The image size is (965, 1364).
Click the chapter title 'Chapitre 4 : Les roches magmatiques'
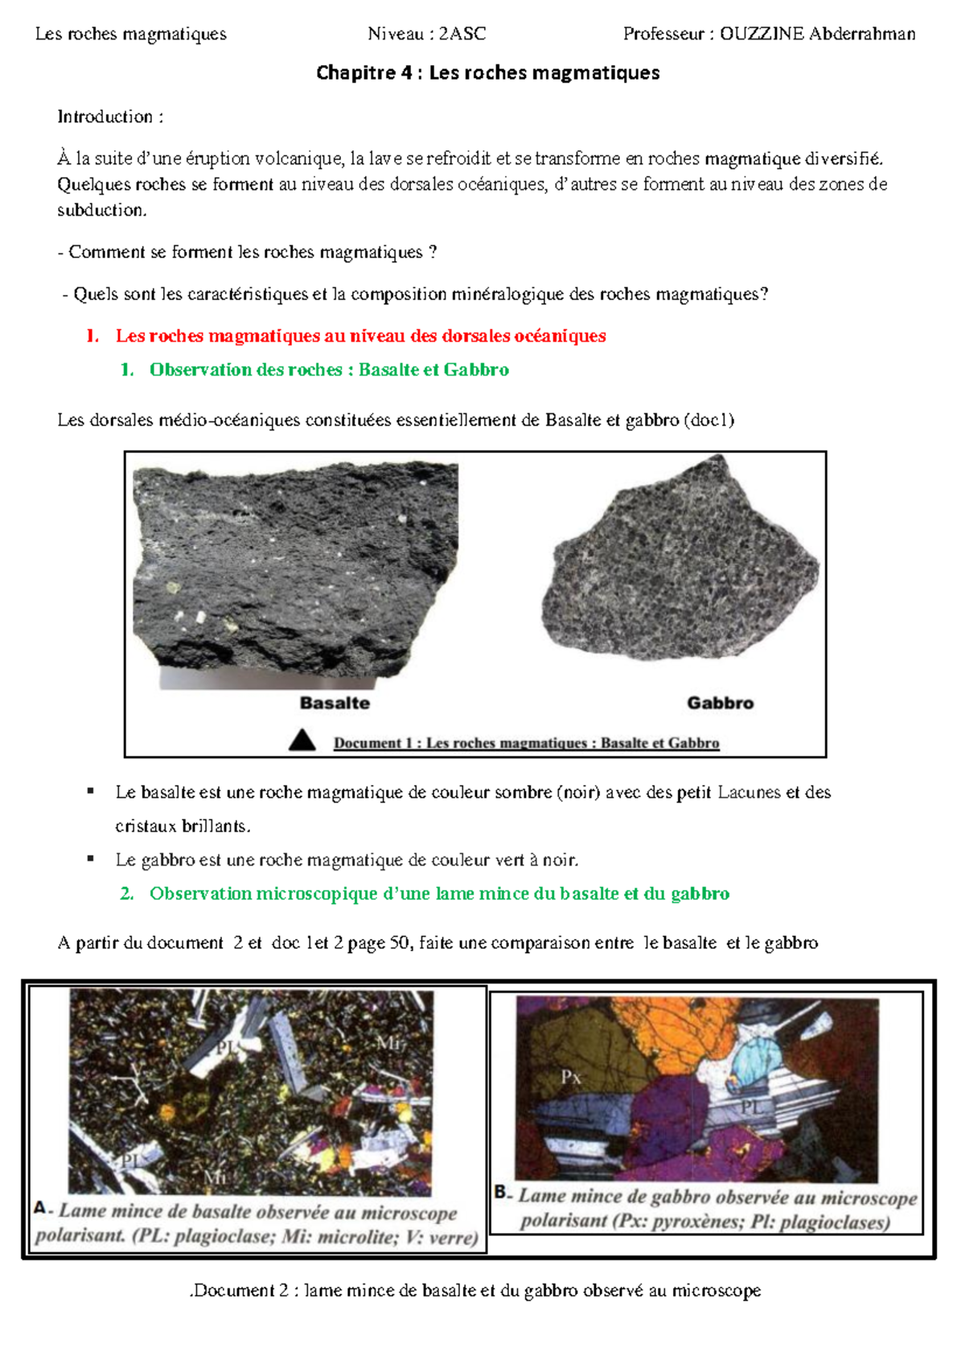click(487, 73)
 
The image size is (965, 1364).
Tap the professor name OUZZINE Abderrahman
click(817, 34)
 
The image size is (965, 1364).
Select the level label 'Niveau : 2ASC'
click(426, 34)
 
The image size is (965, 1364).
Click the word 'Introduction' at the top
click(105, 117)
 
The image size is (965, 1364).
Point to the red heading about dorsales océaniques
click(360, 336)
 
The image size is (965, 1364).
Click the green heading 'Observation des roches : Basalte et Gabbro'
click(329, 370)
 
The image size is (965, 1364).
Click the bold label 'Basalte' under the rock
click(335, 703)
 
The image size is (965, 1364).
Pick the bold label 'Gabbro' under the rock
click(720, 703)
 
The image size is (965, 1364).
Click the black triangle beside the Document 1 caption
click(302, 740)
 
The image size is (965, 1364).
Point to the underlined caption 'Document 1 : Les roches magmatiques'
click(526, 743)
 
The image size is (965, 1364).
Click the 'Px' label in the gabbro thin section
click(571, 1077)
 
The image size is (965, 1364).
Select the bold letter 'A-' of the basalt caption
click(43, 1209)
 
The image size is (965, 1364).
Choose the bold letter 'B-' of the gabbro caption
click(503, 1193)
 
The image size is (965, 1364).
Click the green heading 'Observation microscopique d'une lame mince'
click(439, 894)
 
